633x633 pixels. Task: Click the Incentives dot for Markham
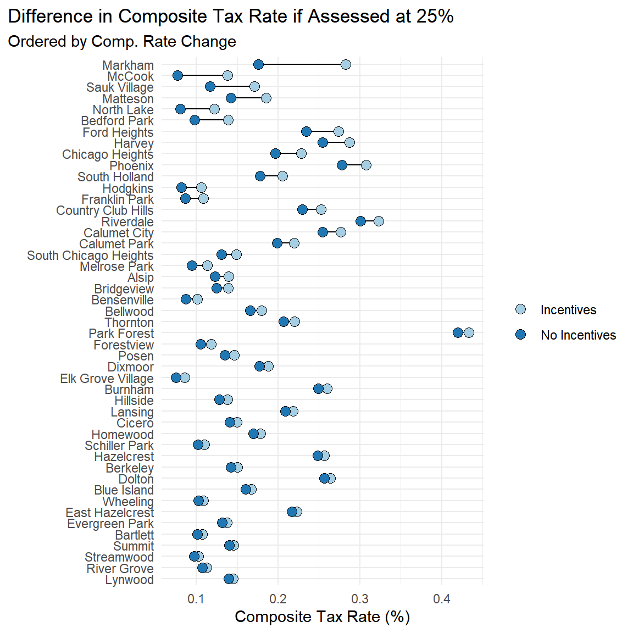[x=346, y=65]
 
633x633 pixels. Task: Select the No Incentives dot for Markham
[x=258, y=65]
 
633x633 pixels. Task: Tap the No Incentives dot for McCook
[x=177, y=75]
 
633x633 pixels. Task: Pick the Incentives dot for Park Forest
[x=469, y=332]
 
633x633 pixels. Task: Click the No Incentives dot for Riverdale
[x=360, y=221]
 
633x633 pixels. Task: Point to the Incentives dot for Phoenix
[x=366, y=165]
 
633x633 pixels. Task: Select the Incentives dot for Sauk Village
[x=254, y=86]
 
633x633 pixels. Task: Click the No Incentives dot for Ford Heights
[x=306, y=131]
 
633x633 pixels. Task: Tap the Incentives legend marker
[x=520, y=309]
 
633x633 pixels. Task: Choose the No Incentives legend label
[x=578, y=335]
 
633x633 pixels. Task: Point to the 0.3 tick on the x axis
[x=360, y=599]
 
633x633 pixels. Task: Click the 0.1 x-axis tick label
[x=196, y=599]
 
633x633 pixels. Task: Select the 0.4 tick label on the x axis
[x=442, y=599]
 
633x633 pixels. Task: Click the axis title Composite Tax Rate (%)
[x=322, y=617]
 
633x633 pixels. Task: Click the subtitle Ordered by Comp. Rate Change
[x=122, y=42]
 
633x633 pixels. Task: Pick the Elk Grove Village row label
[x=107, y=379]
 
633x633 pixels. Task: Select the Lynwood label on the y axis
[x=129, y=580]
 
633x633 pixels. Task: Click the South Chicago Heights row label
[x=90, y=256]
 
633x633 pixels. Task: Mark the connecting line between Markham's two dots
[x=302, y=65]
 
